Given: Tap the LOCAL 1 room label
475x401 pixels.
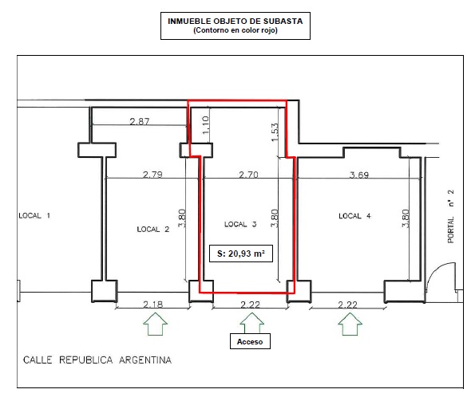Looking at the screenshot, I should pyautogui.click(x=34, y=216).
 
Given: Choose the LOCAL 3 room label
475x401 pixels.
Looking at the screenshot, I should pyautogui.click(x=240, y=224).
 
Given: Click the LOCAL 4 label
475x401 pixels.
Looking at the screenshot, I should pyautogui.click(x=355, y=216).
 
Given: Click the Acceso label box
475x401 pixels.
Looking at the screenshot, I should pyautogui.click(x=250, y=342).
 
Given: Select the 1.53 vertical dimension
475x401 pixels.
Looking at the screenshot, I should pyautogui.click(x=275, y=132).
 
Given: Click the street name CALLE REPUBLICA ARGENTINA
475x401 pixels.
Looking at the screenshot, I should pyautogui.click(x=97, y=360).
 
